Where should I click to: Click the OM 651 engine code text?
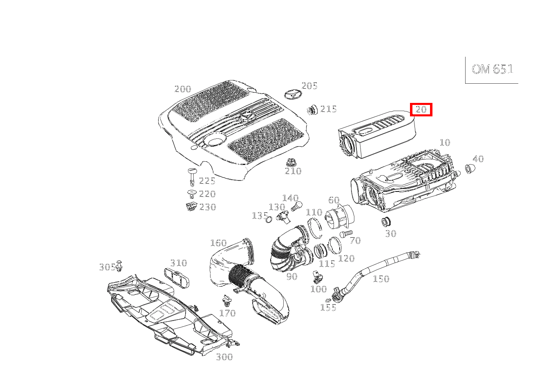(x=492, y=69)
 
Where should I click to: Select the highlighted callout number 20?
(x=421, y=110)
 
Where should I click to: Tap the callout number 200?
(x=183, y=89)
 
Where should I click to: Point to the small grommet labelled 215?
(x=312, y=110)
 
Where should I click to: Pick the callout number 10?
(x=445, y=143)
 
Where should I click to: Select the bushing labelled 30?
(x=386, y=222)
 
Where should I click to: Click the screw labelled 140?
(x=297, y=206)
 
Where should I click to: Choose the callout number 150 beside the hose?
(x=381, y=279)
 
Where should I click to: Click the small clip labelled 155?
(x=328, y=300)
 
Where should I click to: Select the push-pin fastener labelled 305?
(x=119, y=266)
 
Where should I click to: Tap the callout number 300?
(x=224, y=357)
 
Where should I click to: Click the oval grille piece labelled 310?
(x=177, y=278)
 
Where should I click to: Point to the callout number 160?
(x=219, y=243)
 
